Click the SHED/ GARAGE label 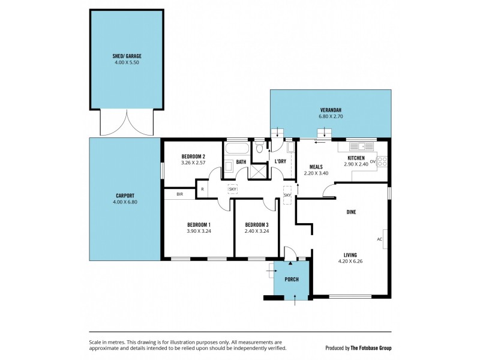point(127,56)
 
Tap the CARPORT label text point(125,196)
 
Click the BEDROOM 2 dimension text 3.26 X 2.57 point(193,162)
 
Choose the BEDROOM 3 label point(256,224)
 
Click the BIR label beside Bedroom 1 point(179,194)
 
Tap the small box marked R point(202,190)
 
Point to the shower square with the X point(259,171)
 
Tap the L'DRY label point(280,162)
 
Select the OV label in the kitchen point(373,162)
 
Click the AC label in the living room point(379,239)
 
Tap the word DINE point(352,212)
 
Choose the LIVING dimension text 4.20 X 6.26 point(352,261)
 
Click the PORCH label point(291,280)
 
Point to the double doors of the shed point(127,122)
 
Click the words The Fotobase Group point(372,348)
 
